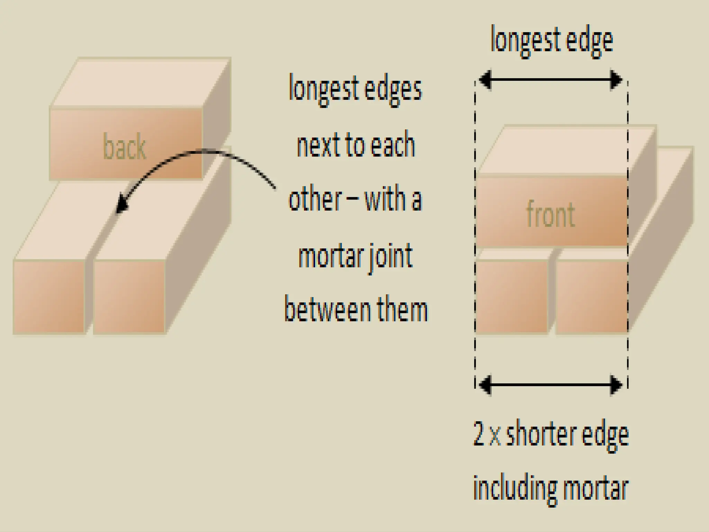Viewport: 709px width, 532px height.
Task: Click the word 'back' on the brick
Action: coord(125,148)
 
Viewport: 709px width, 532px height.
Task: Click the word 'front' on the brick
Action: coord(550,215)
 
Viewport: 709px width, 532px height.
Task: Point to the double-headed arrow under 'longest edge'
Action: coord(550,80)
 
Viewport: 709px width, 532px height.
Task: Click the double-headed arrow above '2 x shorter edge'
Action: coord(550,385)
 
